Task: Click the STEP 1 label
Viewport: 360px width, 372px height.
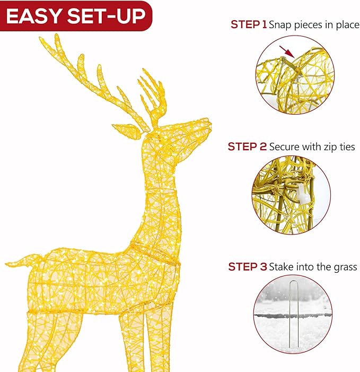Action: click(248, 24)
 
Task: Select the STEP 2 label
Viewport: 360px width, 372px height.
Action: click(247, 146)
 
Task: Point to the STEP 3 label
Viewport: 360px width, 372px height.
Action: click(247, 266)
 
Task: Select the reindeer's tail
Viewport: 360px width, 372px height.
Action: click(19, 262)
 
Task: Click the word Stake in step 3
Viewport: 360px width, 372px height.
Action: click(280, 266)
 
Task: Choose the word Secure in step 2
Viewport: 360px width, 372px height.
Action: click(284, 146)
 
